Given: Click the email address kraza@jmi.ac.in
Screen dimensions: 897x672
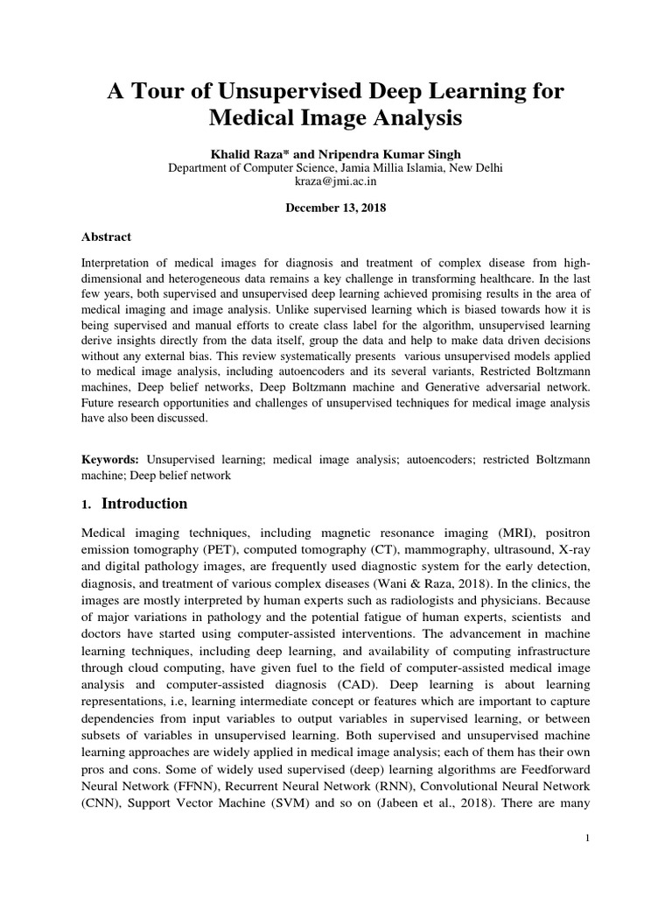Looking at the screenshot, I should tap(335, 182).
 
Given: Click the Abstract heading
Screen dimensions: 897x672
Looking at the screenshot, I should tap(106, 237).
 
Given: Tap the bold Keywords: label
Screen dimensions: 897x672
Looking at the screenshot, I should tap(111, 459).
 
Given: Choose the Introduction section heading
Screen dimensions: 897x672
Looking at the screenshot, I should tap(144, 504).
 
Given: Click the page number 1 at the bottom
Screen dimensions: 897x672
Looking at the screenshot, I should tap(589, 839).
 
